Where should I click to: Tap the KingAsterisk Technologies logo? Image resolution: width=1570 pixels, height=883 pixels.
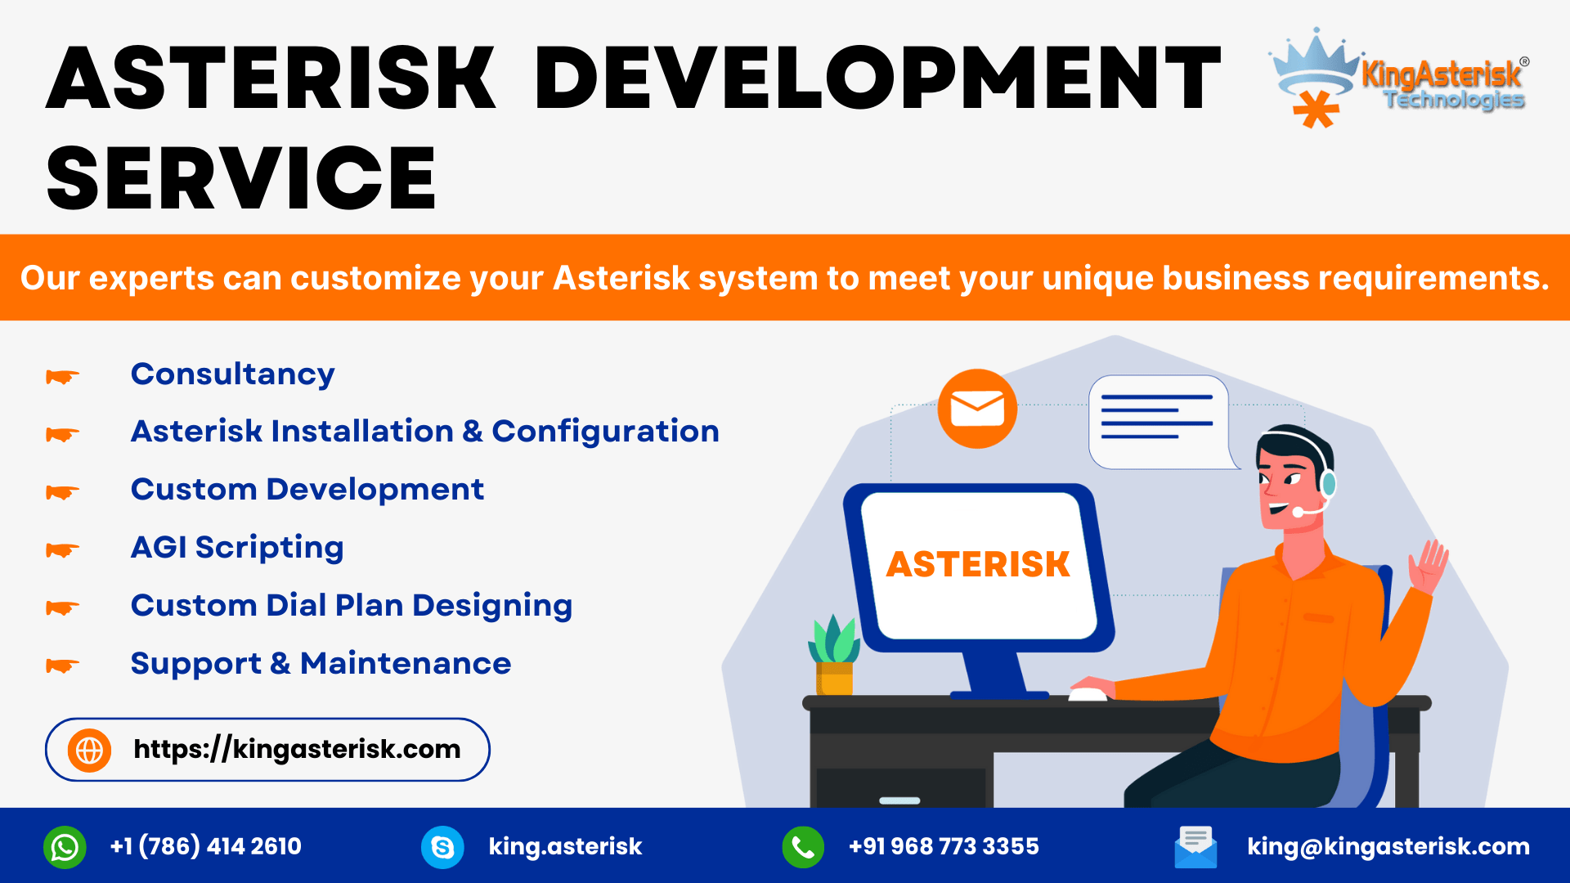coord(1398,78)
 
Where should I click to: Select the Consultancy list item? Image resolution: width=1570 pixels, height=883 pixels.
coord(232,374)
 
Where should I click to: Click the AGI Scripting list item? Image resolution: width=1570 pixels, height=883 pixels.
coord(237,548)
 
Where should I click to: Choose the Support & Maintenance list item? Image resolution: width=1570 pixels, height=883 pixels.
coord(321,663)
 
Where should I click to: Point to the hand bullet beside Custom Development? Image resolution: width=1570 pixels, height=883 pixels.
coord(63,492)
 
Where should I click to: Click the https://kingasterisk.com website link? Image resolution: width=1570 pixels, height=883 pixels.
coord(297,749)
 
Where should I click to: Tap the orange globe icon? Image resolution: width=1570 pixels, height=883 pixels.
coord(90,750)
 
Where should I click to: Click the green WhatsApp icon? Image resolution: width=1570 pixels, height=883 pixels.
coord(65,847)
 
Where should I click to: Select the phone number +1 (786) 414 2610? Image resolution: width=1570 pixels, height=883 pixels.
coord(205,846)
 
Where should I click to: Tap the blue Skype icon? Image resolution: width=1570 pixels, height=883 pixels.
coord(442,847)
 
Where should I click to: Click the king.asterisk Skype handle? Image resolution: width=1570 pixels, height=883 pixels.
coord(565,846)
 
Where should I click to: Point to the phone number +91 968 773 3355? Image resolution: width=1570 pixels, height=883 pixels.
coord(944,846)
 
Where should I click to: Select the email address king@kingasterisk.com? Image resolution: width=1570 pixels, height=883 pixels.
coord(1388,846)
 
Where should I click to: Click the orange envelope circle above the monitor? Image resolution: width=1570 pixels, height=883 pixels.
coord(977,409)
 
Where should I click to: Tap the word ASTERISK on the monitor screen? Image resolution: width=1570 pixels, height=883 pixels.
coord(978,564)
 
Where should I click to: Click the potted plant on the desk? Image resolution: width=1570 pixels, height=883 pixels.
coord(834,655)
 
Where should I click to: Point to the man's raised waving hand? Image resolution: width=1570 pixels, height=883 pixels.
coord(1428,566)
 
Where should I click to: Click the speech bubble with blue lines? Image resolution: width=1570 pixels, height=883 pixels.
coord(1161,422)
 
